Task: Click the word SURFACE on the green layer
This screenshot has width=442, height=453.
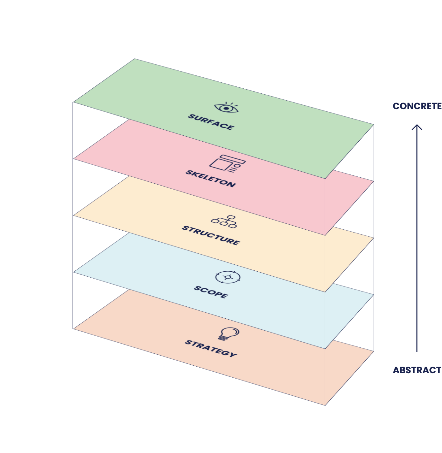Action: [x=211, y=122]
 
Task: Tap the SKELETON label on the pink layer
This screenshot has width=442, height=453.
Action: [x=211, y=178]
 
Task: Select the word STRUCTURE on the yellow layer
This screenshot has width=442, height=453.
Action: [x=211, y=236]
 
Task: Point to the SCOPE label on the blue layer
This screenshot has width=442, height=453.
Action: [x=211, y=292]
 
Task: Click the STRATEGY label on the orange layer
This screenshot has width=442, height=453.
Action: [x=211, y=348]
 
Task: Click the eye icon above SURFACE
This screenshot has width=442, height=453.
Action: [x=226, y=108]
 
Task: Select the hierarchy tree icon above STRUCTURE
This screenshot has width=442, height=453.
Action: [x=224, y=221]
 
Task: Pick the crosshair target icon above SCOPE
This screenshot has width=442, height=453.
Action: [x=227, y=277]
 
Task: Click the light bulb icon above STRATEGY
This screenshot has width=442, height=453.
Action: [x=228, y=334]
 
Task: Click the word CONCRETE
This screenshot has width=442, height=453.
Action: [x=417, y=106]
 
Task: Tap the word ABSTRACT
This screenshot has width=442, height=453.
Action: [x=417, y=370]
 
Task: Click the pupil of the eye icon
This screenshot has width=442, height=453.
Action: [x=226, y=108]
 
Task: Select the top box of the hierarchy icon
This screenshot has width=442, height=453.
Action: [x=231, y=217]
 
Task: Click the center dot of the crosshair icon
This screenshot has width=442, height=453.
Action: [x=227, y=277]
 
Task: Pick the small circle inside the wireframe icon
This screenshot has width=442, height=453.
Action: [x=237, y=165]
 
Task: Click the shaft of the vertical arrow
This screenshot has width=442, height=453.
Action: [x=417, y=238]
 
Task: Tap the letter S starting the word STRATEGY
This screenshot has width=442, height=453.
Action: [x=187, y=342]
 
